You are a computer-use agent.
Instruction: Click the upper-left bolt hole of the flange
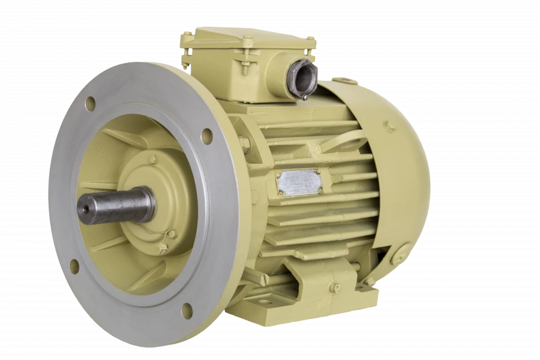pyautogui.click(x=90, y=104)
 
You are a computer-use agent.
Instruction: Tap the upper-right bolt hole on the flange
pyautogui.click(x=206, y=136)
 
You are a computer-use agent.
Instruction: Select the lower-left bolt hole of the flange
pyautogui.click(x=74, y=266)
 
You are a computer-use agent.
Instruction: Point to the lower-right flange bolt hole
pyautogui.click(x=187, y=311)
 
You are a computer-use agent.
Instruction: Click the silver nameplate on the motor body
pyautogui.click(x=298, y=182)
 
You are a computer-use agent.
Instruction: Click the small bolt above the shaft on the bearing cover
pyautogui.click(x=154, y=159)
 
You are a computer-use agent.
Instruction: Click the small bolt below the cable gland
pyautogui.click(x=305, y=97)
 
